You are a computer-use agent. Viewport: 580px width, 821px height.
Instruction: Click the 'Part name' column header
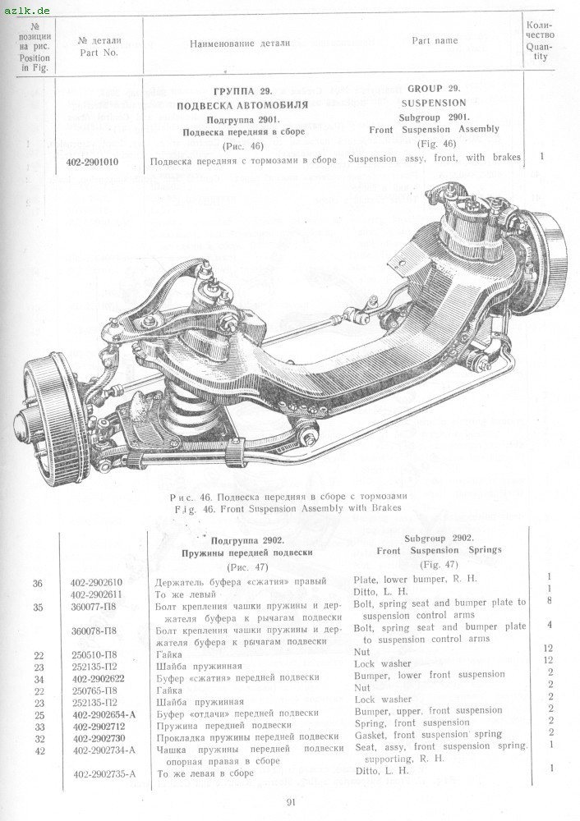coord(435,41)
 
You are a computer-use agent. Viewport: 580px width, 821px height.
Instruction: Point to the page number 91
coord(291,802)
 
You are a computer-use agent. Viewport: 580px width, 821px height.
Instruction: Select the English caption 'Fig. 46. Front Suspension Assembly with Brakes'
coord(288,508)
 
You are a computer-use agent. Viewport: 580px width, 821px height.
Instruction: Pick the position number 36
coord(37,582)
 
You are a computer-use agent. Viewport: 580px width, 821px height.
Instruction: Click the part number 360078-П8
coord(94,631)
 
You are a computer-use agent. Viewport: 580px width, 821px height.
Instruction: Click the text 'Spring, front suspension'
coord(412,723)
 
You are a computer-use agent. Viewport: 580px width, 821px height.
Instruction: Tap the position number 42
coord(37,749)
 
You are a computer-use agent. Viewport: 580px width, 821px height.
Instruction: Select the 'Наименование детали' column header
coord(240,43)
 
